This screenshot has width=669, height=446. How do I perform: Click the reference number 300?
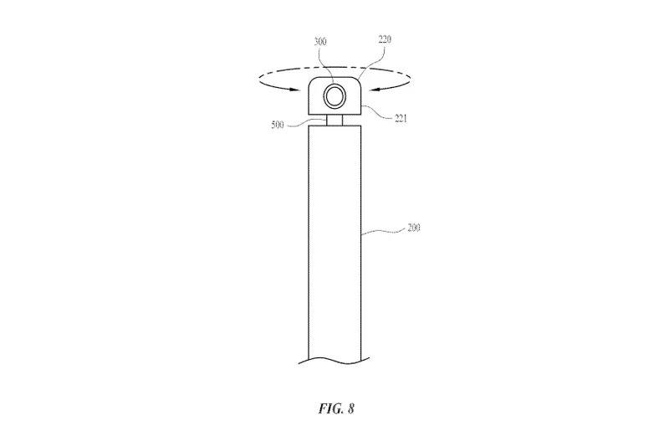point(320,41)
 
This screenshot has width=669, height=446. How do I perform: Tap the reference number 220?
point(385,39)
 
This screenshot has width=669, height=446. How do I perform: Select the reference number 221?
point(401,119)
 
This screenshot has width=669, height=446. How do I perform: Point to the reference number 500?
point(278,126)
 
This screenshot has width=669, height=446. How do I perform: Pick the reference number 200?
point(414,228)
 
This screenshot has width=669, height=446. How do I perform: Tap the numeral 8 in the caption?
point(350,408)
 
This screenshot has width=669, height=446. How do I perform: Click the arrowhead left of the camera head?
point(292,90)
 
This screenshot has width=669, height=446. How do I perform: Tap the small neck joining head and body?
point(334,120)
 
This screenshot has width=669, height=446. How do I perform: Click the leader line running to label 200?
point(383,231)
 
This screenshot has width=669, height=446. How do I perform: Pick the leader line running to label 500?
point(306,123)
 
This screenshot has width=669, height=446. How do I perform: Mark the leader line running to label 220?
point(373,62)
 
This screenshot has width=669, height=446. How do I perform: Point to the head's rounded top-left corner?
point(311,81)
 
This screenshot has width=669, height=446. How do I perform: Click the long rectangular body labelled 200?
point(334,244)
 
